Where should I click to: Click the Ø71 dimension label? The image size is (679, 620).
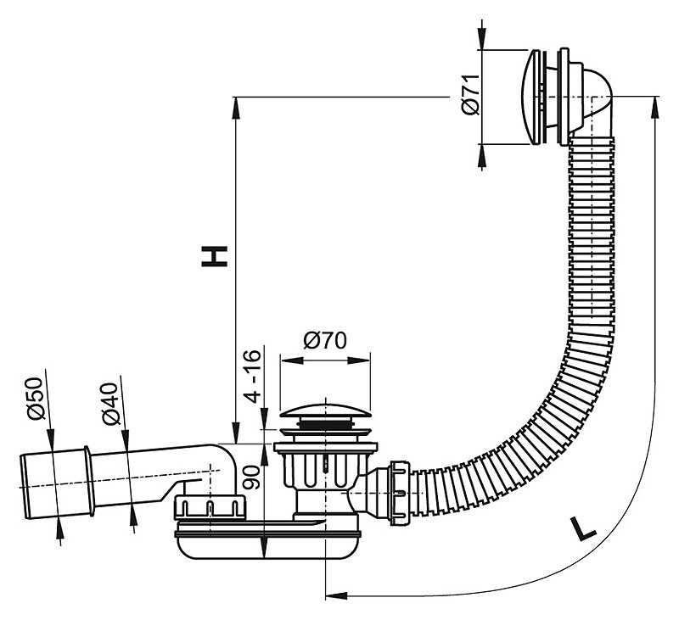tap(471, 94)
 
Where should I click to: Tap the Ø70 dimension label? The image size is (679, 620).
tap(325, 340)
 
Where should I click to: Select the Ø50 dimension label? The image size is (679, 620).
tap(36, 399)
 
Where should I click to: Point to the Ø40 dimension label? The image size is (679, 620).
tap(110, 404)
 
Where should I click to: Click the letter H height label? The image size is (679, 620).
tap(215, 256)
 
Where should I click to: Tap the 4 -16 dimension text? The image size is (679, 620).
tap(252, 375)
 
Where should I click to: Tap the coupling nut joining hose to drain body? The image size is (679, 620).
tap(400, 493)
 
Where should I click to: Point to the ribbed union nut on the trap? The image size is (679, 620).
tap(209, 507)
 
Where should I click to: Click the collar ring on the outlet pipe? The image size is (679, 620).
tap(89, 481)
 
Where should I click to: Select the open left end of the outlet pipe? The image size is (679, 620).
tap(25, 487)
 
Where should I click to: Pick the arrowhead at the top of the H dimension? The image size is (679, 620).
tap(236, 108)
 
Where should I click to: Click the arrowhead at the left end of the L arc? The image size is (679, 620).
tap(336, 595)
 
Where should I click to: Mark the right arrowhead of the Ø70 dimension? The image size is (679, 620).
tap(359, 360)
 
